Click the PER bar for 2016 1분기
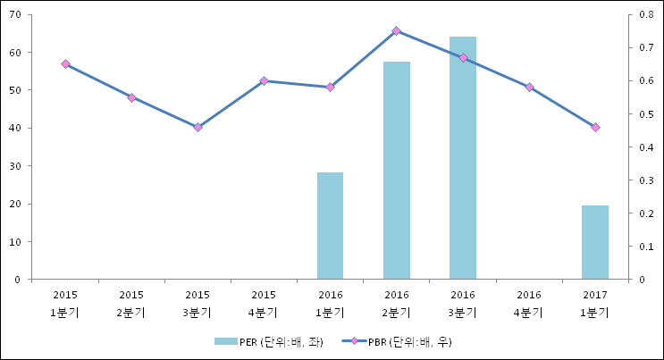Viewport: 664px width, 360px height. [x=330, y=226]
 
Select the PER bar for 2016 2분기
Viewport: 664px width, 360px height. [x=396, y=171]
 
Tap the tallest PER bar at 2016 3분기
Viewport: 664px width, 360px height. [x=462, y=158]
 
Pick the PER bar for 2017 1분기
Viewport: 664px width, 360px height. [x=594, y=242]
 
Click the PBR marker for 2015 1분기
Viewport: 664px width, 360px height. [x=65, y=64]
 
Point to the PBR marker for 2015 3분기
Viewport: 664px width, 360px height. [x=198, y=127]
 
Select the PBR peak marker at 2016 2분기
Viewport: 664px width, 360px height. [x=396, y=31]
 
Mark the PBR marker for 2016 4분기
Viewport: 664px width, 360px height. [x=529, y=87]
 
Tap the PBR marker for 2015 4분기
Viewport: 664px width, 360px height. [x=264, y=81]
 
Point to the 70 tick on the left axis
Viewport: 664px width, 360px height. [x=17, y=14]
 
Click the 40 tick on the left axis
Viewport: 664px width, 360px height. [x=17, y=128]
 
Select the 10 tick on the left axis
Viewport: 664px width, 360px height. [x=17, y=241]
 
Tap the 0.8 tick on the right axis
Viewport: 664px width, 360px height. [x=647, y=14]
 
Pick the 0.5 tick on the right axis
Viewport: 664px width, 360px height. [x=647, y=113]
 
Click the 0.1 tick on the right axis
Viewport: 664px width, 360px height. [x=647, y=246]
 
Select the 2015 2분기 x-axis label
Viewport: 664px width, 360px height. [x=131, y=303]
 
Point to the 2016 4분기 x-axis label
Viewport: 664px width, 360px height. [x=529, y=303]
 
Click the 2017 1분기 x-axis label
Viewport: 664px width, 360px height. [x=595, y=303]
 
